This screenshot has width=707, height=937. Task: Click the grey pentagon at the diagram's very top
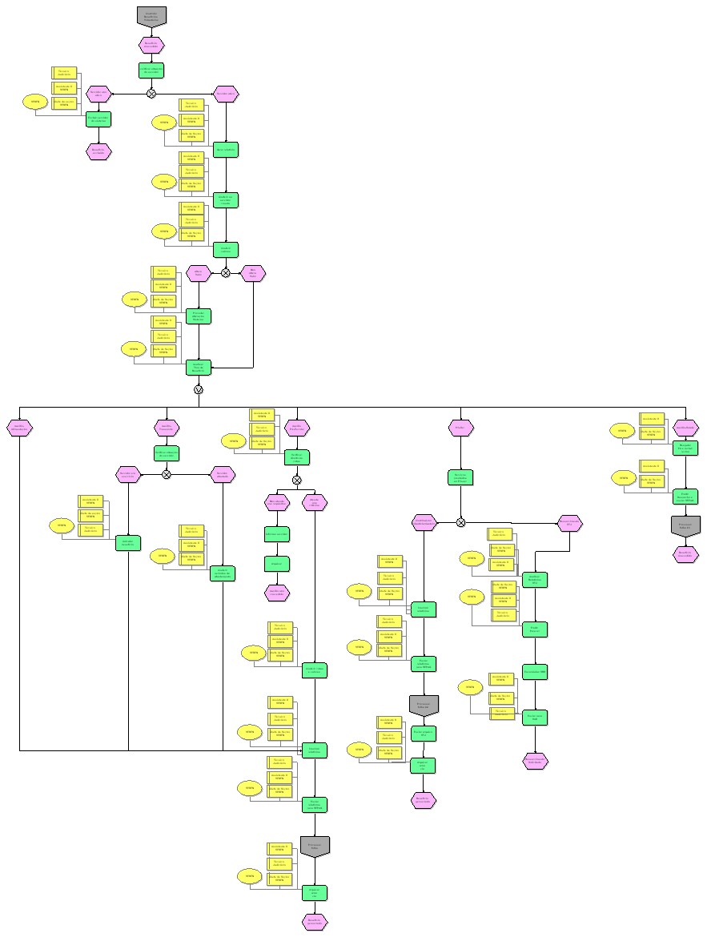pos(151,15)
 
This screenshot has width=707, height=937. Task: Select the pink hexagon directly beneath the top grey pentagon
pos(151,44)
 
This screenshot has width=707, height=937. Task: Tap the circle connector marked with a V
pos(199,389)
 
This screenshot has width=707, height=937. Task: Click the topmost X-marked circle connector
pos(151,94)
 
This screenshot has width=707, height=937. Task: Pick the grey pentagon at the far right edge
pos(685,525)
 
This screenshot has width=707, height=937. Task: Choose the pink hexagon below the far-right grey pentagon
pos(685,554)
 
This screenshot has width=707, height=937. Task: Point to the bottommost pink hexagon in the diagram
pos(315,922)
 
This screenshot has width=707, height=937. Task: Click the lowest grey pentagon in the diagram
pos(315,846)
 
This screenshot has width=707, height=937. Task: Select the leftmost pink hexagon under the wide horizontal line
pos(19,428)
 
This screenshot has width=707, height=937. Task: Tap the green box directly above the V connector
pos(199,367)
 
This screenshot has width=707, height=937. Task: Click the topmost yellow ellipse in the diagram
pos(34,103)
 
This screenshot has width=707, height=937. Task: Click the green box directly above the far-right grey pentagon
pos(685,496)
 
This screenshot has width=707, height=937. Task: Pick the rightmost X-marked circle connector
pos(460,523)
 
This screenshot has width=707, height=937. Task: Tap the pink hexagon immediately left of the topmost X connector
pos(98,94)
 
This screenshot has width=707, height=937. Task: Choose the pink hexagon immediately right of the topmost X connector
pos(226,94)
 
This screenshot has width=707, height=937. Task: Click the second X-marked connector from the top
pos(226,273)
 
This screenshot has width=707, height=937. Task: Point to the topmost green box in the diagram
pos(151,70)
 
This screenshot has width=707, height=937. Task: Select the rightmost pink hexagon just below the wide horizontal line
pos(685,428)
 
